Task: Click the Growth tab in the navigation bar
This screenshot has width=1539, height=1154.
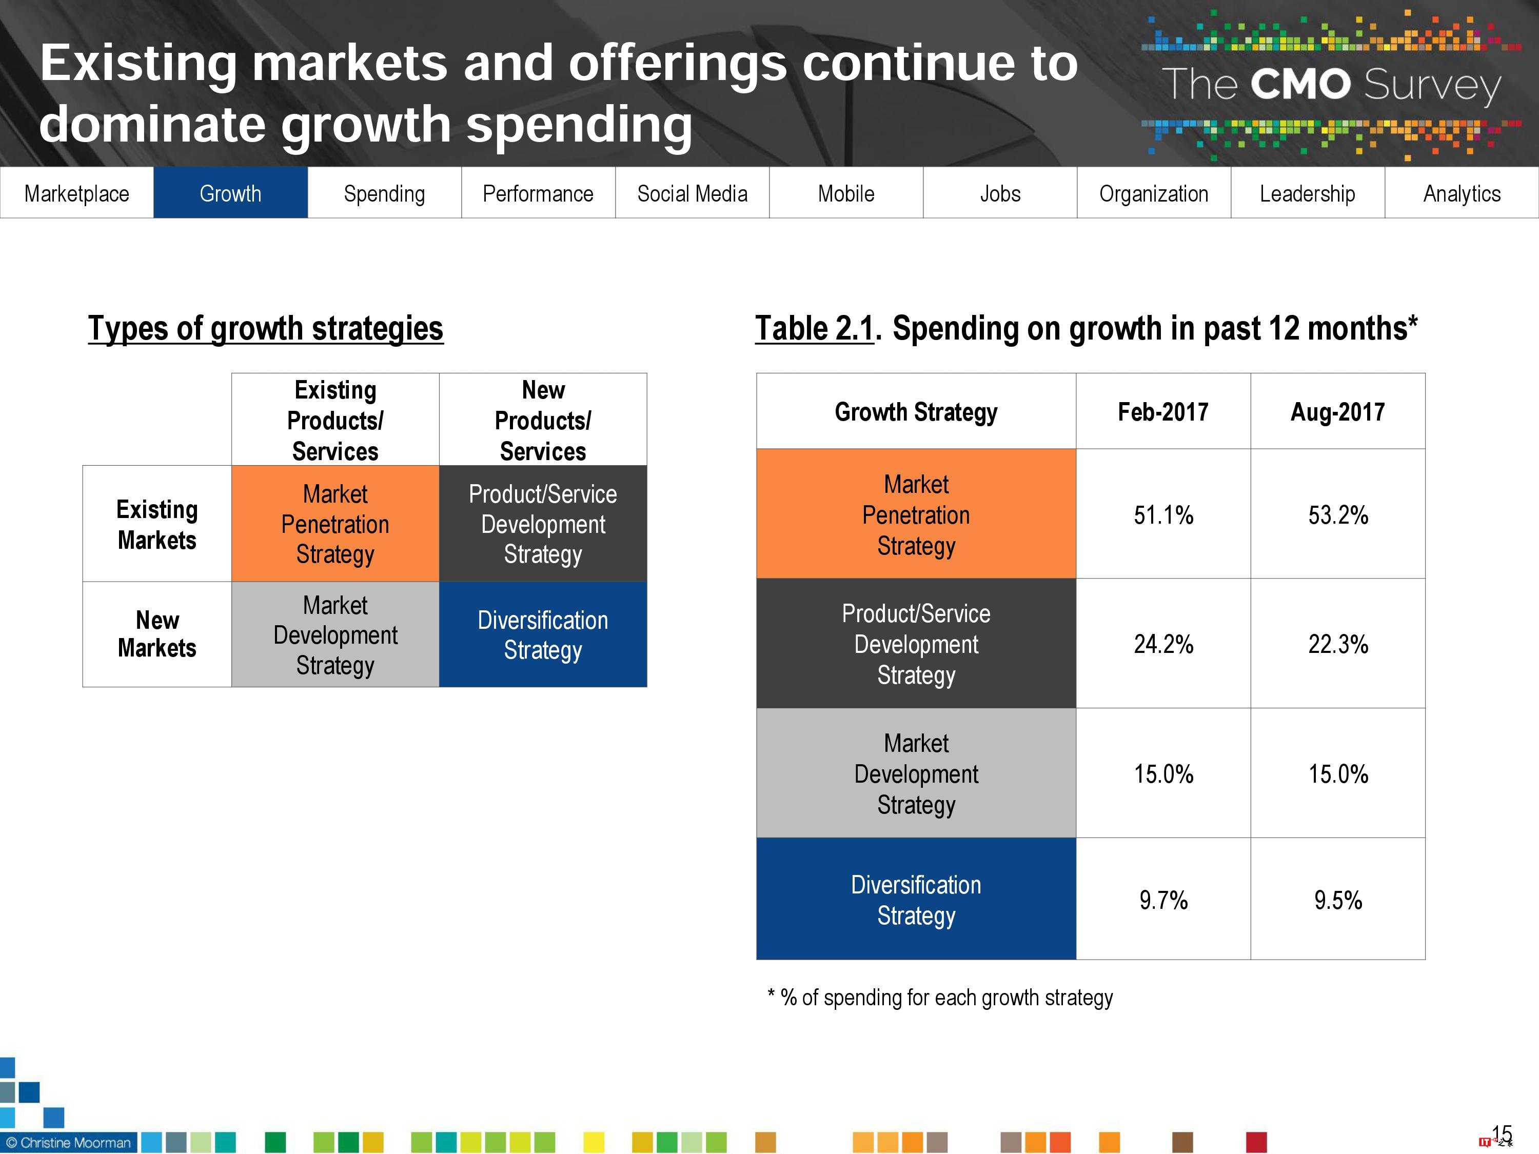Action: click(x=230, y=193)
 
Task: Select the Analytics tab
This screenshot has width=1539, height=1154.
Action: click(x=1461, y=193)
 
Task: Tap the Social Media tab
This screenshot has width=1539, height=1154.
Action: click(x=692, y=193)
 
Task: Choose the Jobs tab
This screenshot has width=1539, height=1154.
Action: click(x=1000, y=193)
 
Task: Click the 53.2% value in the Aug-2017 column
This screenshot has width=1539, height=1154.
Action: click(x=1337, y=515)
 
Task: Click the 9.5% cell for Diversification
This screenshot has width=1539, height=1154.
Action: click(x=1337, y=900)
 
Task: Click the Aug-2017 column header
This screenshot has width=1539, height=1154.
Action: click(x=1337, y=412)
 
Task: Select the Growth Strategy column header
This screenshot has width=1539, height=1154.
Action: click(x=916, y=412)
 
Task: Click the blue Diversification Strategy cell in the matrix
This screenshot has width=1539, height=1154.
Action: click(x=543, y=634)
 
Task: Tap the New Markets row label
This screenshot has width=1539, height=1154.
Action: click(x=157, y=634)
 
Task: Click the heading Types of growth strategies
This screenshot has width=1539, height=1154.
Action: click(x=265, y=328)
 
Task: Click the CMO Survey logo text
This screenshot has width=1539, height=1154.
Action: click(x=1330, y=85)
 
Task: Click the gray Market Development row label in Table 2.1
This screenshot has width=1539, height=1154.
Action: click(x=916, y=773)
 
